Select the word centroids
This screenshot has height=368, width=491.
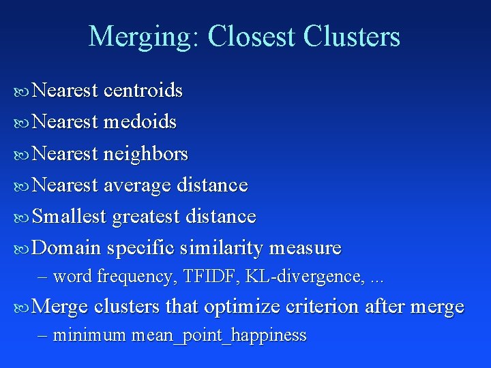coord(143,91)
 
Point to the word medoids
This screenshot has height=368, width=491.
coord(140,123)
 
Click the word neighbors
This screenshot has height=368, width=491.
coord(146,155)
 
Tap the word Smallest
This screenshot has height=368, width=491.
coord(70,217)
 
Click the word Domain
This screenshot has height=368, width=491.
coord(67,248)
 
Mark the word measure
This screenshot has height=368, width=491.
coord(306,248)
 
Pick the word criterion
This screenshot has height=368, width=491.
coord(323,307)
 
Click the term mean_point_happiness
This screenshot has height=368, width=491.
coord(219,335)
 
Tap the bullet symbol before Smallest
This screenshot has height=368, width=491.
coord(22,217)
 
